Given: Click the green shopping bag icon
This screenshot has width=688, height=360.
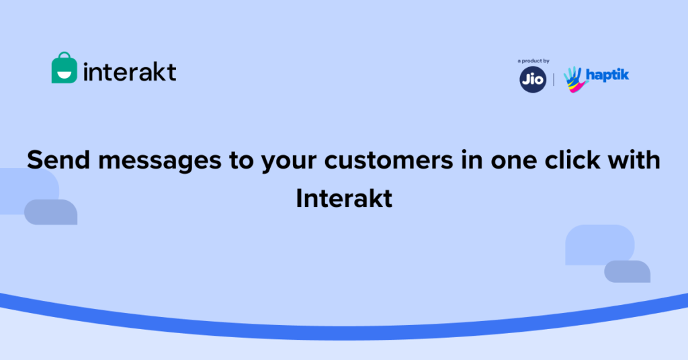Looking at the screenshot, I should point(64,69).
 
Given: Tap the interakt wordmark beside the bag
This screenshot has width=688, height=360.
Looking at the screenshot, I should point(130,71).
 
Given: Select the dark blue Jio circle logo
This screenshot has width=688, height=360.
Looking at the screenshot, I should point(531,79).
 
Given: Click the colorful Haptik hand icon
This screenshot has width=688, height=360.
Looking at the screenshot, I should point(573,79).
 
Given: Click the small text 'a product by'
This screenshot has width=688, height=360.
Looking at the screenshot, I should point(533,61).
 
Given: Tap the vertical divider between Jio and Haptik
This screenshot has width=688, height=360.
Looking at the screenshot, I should point(554,79).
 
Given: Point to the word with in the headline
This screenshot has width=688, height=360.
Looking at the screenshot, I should point(632,161).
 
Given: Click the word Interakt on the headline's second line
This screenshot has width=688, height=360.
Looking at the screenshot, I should point(344,198).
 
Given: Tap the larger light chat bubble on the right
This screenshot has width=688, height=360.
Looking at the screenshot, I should point(598,243).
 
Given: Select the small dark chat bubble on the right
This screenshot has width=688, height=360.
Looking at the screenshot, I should point(628,271).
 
